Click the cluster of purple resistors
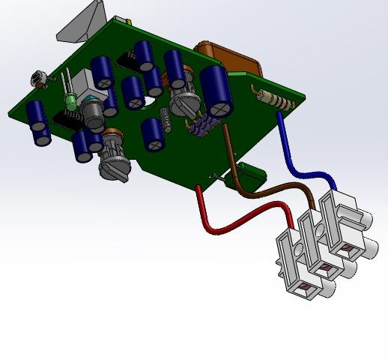(x=198, y=127)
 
